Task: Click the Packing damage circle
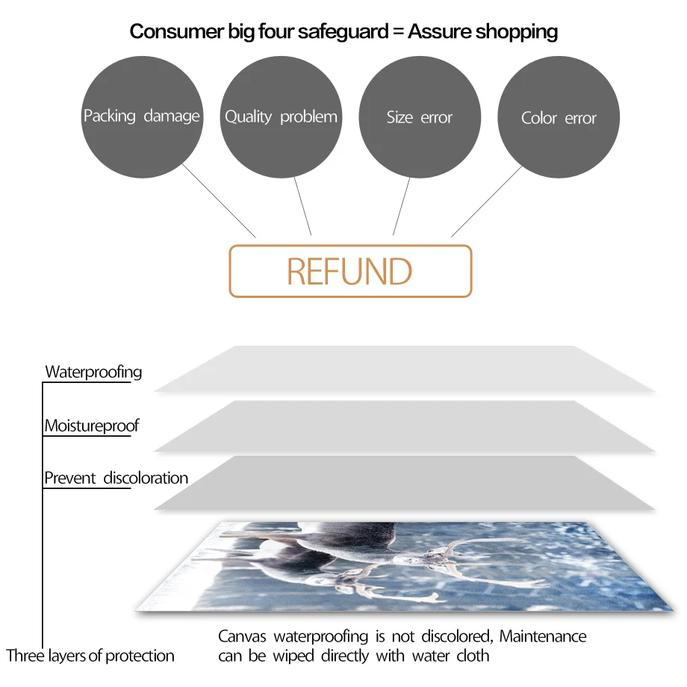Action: pos(142,117)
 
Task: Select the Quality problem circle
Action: pos(281,117)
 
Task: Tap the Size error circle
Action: pos(420,117)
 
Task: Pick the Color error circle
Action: pos(559,117)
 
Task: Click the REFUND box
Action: pos(349,271)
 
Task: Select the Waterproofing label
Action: pos(93,372)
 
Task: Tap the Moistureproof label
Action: pos(92,426)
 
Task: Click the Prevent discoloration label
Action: pos(116,478)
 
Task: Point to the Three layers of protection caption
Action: pos(90,656)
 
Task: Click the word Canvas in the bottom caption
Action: pos(243,636)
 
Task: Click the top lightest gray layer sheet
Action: pos(403,370)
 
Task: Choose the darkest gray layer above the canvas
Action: pos(403,484)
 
